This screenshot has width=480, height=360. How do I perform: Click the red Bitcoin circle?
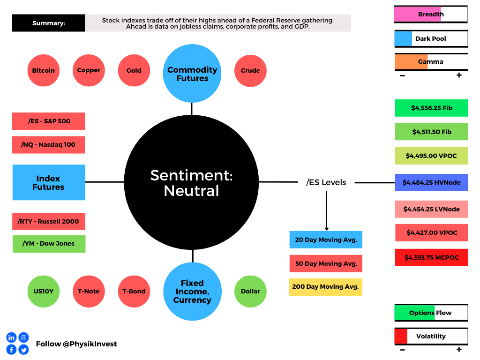(44, 70)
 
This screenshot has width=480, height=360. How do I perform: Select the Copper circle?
(89, 70)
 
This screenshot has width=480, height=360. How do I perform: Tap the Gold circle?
(134, 70)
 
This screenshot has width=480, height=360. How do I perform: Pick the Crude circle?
(250, 71)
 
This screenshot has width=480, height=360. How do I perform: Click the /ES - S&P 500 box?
(49, 121)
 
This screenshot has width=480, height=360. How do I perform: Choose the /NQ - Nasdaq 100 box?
(48, 145)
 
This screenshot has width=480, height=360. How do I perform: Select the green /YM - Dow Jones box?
(49, 244)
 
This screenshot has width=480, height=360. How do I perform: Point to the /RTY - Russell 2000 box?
(49, 221)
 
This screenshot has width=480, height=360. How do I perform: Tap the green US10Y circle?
(44, 292)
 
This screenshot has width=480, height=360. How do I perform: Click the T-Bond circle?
(134, 292)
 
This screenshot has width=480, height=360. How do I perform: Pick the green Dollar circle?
(250, 292)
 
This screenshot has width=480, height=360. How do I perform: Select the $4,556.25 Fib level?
(432, 108)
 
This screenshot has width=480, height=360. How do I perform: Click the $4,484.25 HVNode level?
(432, 183)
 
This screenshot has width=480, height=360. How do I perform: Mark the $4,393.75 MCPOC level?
(432, 257)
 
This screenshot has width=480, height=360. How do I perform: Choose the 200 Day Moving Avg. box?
(326, 287)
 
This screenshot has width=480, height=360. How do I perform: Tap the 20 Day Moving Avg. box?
(326, 240)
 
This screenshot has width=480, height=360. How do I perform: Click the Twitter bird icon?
(23, 350)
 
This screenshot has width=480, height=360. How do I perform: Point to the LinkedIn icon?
(11, 337)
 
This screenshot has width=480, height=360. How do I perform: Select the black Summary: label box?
(48, 23)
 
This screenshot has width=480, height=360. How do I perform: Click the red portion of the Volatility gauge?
(401, 337)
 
